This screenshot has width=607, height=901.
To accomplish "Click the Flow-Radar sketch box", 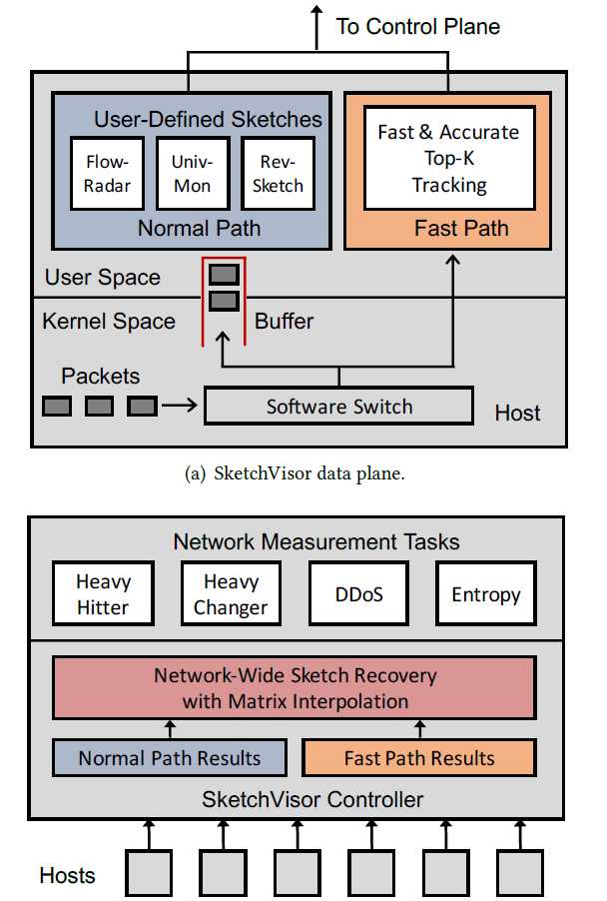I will click(x=107, y=172).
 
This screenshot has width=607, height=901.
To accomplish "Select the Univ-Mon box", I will click(x=192, y=172).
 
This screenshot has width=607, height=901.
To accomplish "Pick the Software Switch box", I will click(x=338, y=407).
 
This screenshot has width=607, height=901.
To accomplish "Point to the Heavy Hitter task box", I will click(x=103, y=593).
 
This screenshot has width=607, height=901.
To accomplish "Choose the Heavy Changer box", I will click(x=231, y=593).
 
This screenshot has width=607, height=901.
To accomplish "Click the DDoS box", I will click(x=358, y=594).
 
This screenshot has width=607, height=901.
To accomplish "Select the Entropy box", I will click(x=485, y=594).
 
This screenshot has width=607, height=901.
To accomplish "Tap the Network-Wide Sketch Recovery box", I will click(x=295, y=687).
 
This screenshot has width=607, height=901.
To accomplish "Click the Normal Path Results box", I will click(x=169, y=758).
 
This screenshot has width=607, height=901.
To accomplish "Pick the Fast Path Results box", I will click(x=418, y=758).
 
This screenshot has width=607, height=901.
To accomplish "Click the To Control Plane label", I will click(x=417, y=26).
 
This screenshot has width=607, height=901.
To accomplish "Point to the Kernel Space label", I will click(x=109, y=322).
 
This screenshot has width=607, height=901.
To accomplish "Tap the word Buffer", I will click(x=284, y=322).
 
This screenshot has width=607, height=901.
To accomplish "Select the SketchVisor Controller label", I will click(x=312, y=799).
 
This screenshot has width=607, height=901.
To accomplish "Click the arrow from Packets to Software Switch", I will click(x=180, y=407).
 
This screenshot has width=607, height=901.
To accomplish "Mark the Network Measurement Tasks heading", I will click(x=315, y=541).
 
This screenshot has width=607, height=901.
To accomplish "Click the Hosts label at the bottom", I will click(x=67, y=875).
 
